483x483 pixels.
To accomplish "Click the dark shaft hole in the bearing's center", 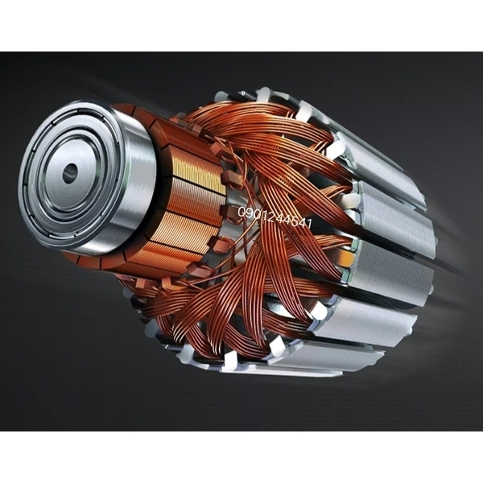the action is coord(71,173).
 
